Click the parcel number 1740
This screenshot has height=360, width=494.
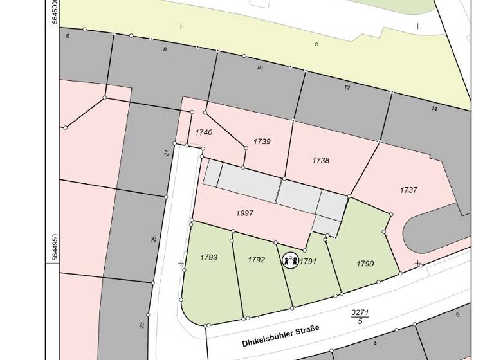click(204, 132)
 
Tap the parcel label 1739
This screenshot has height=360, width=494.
click(262, 141)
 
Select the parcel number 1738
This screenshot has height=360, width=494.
click(320, 160)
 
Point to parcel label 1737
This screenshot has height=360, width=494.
click(408, 190)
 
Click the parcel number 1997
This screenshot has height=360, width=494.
click(245, 213)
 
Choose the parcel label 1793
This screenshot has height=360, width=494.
click(208, 257)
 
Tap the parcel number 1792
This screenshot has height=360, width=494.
click(257, 260)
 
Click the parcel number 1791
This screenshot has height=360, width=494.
click(309, 261)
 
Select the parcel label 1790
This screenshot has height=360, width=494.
click(365, 264)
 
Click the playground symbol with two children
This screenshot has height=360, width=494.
click(291, 260)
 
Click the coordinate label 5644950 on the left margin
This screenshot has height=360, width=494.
click(55, 247)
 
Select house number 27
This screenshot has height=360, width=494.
click(166, 152)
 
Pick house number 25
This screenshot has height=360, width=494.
click(154, 239)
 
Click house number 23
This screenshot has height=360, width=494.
click(142, 325)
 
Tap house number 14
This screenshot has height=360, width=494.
click(434, 109)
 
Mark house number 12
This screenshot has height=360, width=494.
click(347, 87)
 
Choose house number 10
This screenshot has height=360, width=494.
click(260, 67)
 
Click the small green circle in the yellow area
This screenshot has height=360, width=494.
click(316, 44)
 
